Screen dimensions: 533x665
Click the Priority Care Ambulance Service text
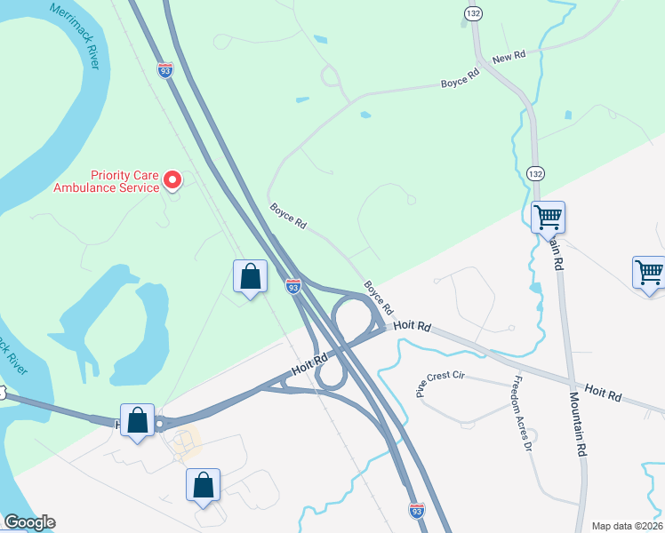(x=107, y=181)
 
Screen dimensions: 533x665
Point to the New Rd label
(x=509, y=55)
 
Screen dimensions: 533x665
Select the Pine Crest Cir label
(x=440, y=382)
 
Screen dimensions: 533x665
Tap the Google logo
(x=29, y=522)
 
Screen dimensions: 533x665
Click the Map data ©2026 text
(x=626, y=526)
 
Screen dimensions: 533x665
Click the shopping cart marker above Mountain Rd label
(x=549, y=216)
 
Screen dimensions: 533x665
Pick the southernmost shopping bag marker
(x=204, y=485)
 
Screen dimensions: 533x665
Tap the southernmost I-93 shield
(x=416, y=510)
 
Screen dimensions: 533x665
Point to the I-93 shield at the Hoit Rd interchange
(x=293, y=286)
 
